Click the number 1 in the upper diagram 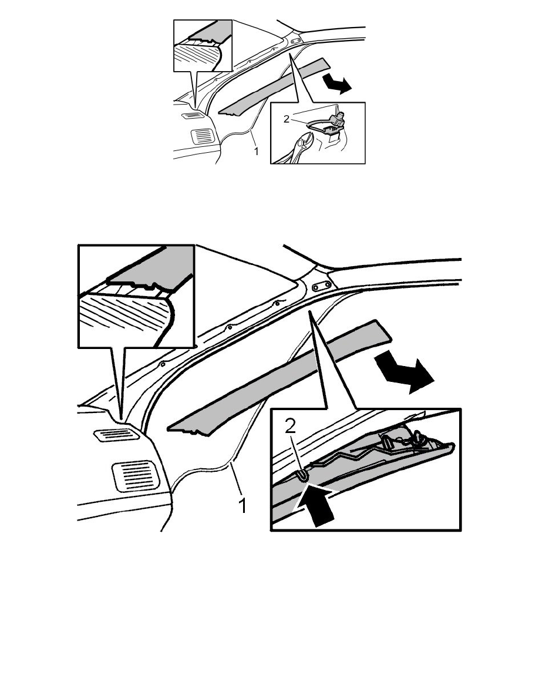pyautogui.click(x=256, y=152)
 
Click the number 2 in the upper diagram pyautogui.click(x=287, y=119)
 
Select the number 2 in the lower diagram pyautogui.click(x=290, y=427)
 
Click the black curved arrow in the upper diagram pyautogui.click(x=337, y=83)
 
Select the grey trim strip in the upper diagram pyautogui.click(x=273, y=87)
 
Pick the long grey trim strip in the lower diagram pyautogui.click(x=279, y=377)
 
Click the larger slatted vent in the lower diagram pyautogui.click(x=136, y=475)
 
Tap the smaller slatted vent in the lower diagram pyautogui.click(x=117, y=434)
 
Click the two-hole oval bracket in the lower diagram pyautogui.click(x=321, y=286)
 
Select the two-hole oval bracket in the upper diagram pyautogui.click(x=295, y=41)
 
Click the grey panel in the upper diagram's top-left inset pyautogui.click(x=210, y=32)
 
